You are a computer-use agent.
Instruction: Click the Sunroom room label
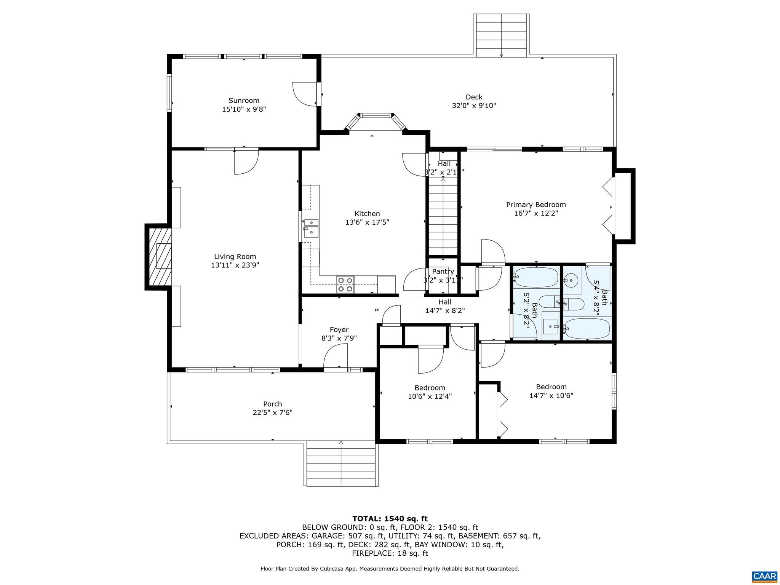coord(244,101)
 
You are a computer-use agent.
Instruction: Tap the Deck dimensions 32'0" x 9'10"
coord(474,106)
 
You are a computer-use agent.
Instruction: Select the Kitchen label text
coord(367,214)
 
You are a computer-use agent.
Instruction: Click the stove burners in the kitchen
coord(345,285)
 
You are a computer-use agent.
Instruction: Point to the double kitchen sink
coord(311,227)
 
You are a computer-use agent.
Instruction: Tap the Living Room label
coord(235,257)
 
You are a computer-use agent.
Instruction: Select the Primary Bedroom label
coord(536,205)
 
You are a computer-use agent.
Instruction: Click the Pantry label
coord(443,272)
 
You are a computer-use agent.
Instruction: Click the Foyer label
coord(339,330)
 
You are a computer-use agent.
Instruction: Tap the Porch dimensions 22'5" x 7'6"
coord(273,412)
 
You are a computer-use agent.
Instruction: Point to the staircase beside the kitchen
coord(443,217)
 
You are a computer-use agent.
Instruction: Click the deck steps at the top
coord(501,35)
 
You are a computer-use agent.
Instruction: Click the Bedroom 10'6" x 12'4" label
coord(430,388)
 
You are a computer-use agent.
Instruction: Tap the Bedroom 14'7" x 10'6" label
coord(551,387)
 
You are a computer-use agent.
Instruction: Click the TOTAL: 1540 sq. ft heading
coord(390,518)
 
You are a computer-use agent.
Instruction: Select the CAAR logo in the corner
coord(764,576)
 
